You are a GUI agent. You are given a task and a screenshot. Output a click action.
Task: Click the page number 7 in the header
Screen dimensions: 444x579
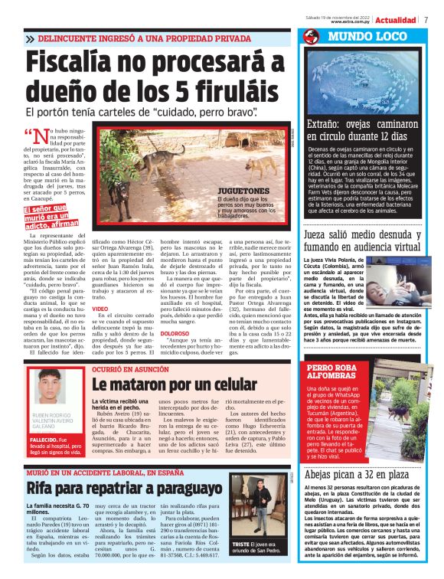[x=426, y=20]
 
